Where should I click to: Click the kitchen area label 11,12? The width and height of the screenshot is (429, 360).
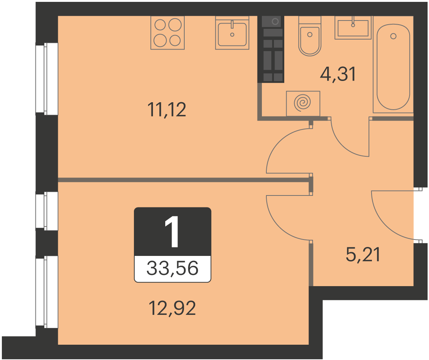tap(167, 110)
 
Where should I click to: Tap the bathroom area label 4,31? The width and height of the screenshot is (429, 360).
tap(338, 74)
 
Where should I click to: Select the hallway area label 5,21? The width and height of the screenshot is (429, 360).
tap(363, 255)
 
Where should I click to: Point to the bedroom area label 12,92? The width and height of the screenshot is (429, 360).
tap(172, 308)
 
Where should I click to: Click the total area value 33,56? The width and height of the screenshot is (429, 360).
tap(172, 268)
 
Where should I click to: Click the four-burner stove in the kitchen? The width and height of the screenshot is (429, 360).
tap(167, 33)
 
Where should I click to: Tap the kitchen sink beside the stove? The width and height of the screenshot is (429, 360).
tap(232, 33)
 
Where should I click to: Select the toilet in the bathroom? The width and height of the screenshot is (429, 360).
tap(310, 36)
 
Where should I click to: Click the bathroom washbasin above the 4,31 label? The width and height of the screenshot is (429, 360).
tap(353, 27)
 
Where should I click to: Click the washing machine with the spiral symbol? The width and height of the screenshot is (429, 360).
tap(303, 103)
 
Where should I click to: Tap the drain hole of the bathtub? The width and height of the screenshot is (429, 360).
tap(394, 36)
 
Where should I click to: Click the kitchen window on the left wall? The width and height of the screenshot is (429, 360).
tap(47, 79)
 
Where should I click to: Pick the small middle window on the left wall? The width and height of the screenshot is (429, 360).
tap(47, 211)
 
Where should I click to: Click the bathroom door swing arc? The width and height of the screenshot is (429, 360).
tap(342, 147)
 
